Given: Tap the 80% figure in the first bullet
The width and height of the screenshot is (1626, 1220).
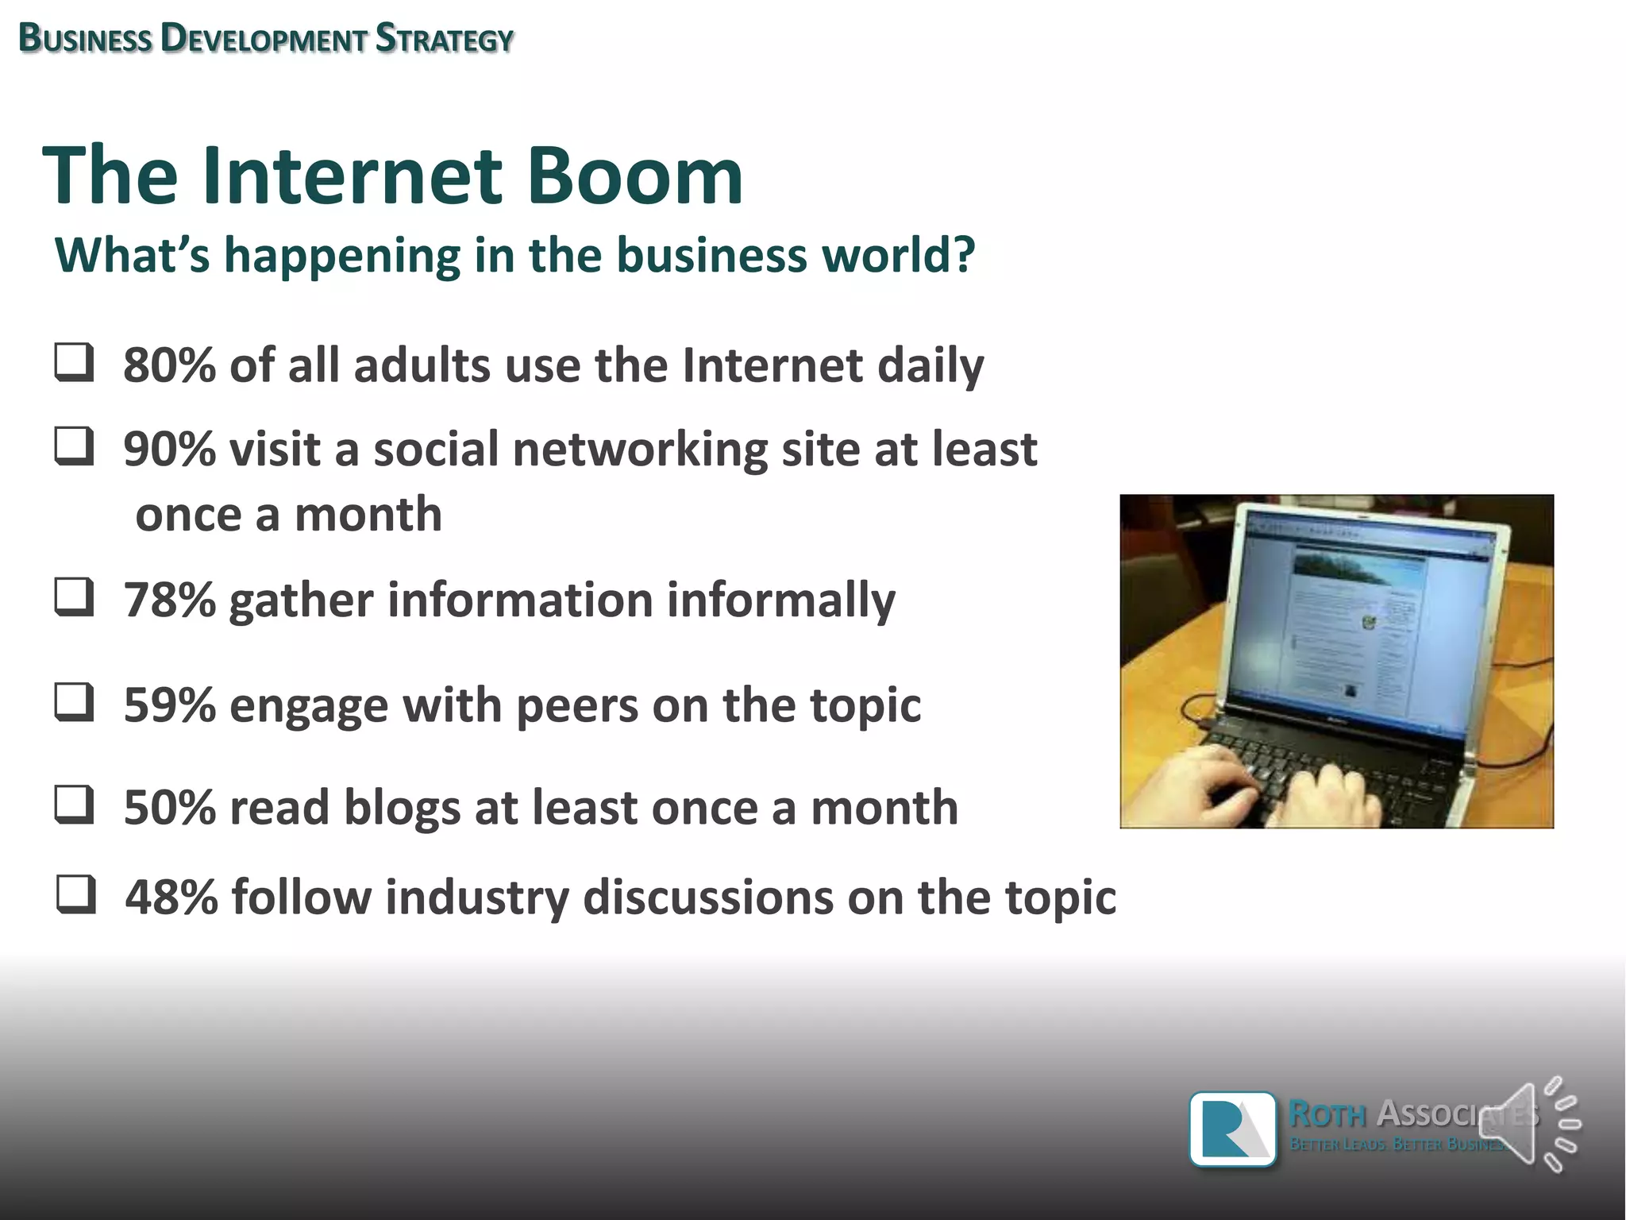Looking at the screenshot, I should pos(169,365).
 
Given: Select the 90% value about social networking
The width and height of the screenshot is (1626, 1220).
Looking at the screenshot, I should pos(169,450).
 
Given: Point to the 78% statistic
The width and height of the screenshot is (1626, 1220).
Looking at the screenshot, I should pos(169,600).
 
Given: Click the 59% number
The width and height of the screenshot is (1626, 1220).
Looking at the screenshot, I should pos(169,705).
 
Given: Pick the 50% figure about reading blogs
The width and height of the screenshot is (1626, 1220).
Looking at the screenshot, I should pos(169,808).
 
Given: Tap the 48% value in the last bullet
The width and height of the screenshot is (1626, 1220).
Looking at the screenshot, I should pos(171,898).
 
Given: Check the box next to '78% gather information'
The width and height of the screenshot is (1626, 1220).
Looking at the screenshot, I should pos(75,597).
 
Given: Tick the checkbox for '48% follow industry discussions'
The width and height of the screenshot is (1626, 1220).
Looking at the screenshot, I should pos(76,895).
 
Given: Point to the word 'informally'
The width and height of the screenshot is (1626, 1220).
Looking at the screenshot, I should pos(780,600).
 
